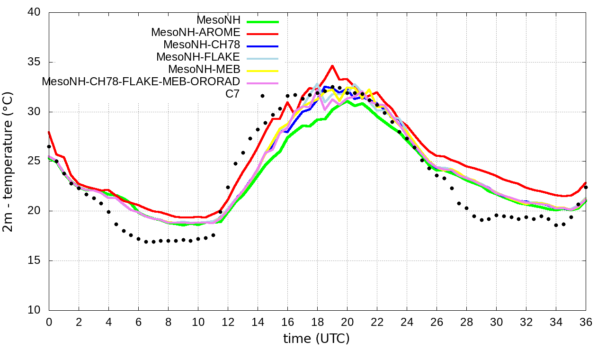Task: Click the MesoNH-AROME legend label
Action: click(196, 33)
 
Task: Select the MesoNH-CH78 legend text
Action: click(202, 45)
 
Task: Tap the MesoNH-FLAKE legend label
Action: click(198, 57)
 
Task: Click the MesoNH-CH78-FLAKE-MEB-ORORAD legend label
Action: click(141, 81)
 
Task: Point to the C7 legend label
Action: click(232, 94)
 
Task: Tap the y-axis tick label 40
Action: click(36, 13)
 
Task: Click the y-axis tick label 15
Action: click(36, 261)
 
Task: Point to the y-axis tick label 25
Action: click(36, 162)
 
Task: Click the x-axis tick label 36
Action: click(586, 322)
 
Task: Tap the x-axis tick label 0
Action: click(49, 322)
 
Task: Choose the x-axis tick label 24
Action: click(407, 322)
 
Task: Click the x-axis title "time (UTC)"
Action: click(316, 339)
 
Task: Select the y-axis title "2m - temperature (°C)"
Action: click(9, 162)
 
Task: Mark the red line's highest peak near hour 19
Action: click(332, 66)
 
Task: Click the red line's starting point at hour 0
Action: click(49, 132)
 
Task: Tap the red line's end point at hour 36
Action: click(586, 183)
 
